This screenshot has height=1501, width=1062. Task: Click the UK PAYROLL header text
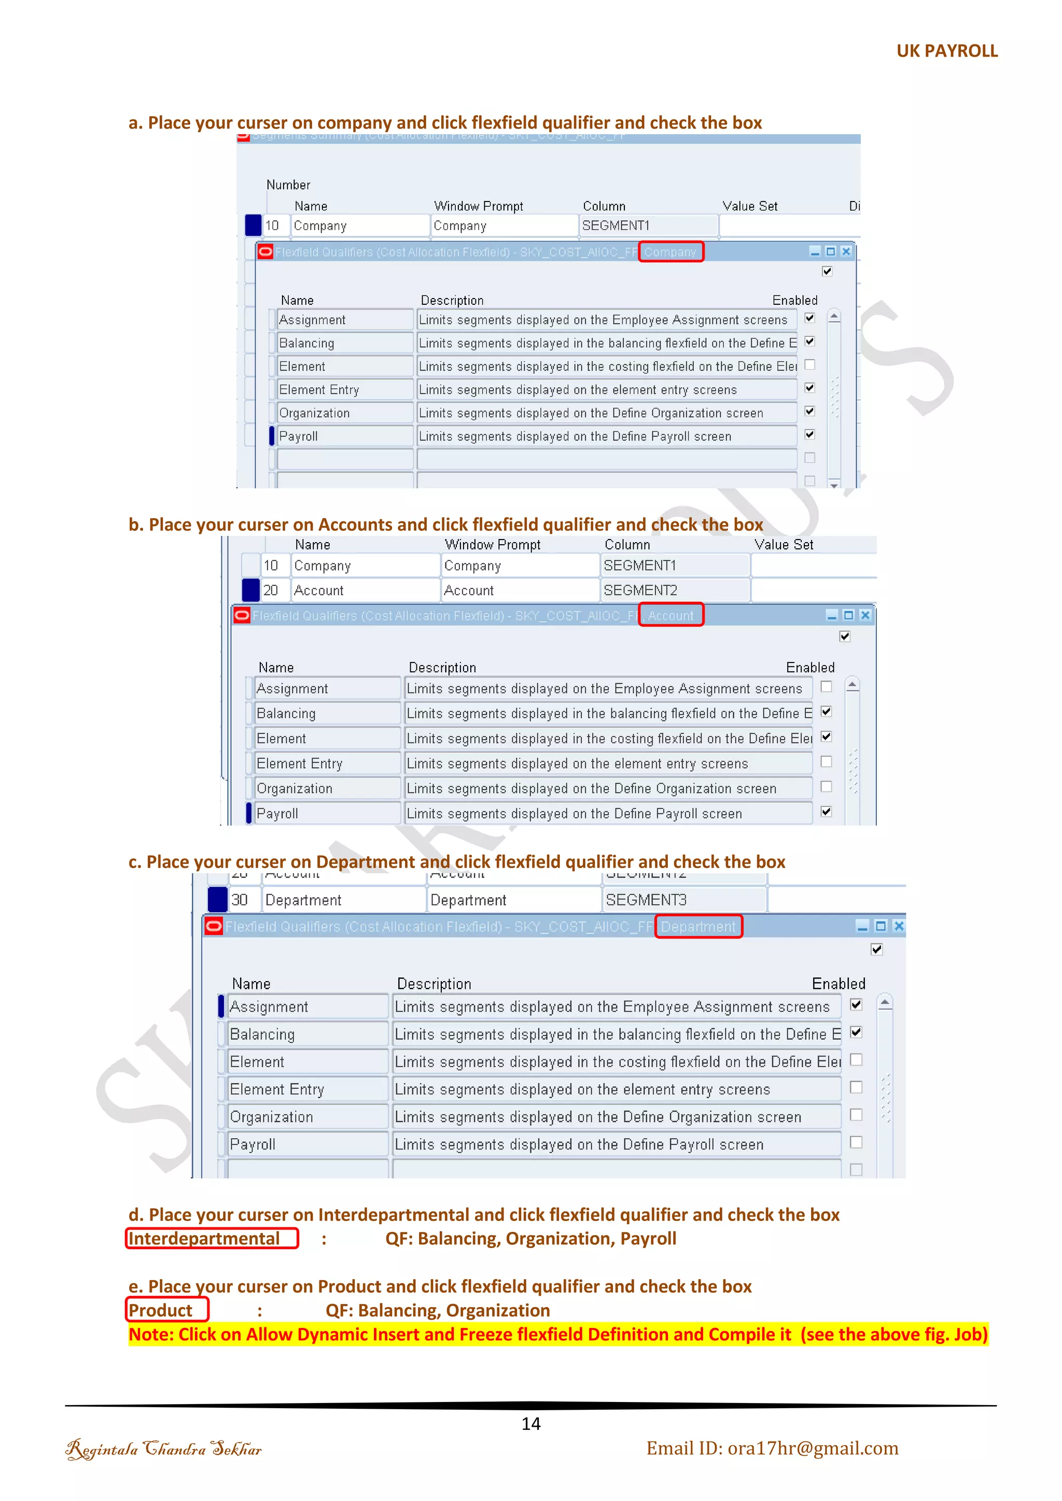coord(946,51)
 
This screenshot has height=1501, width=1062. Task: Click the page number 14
coord(530,1423)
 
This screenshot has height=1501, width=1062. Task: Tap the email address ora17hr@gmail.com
coord(772,1448)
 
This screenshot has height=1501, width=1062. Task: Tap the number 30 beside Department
coord(240,900)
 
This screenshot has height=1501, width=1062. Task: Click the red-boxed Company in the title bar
coord(670,252)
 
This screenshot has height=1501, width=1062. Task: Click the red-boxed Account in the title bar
coord(670,615)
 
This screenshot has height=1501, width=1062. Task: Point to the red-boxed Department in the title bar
coord(698,926)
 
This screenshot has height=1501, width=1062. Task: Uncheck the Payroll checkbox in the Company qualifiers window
coord(809,435)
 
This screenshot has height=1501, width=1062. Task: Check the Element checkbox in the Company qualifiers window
coord(809,365)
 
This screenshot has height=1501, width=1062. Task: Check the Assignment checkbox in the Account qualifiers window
coord(826,686)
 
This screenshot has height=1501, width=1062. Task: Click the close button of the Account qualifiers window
coord(864,615)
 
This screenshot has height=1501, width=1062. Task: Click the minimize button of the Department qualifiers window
coord(862,926)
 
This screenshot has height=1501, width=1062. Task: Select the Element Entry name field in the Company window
coord(345,390)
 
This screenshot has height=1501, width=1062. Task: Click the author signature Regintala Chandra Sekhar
coord(163,1449)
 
